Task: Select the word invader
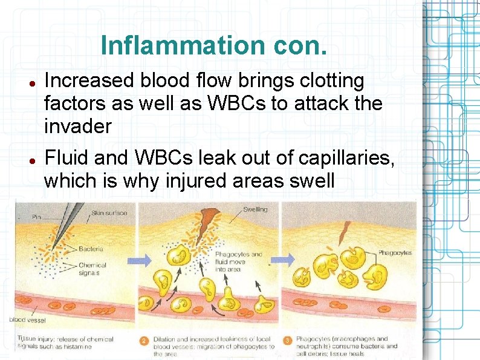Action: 78,126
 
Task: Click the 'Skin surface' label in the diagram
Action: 109,213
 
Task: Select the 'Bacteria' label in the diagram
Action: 91,248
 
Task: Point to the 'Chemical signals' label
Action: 92,269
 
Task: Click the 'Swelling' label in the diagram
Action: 255,209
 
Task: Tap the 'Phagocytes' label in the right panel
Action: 395,252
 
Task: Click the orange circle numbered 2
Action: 144,340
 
